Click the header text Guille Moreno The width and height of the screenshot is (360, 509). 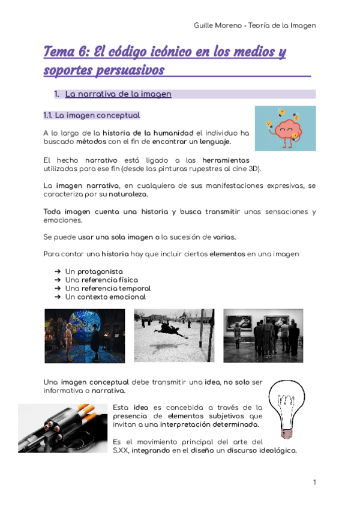(218, 25)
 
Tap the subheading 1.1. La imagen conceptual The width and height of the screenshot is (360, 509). (92, 115)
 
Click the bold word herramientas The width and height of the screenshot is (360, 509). (226, 161)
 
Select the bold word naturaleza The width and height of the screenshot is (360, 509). (129, 195)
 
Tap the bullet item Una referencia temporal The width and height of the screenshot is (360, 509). (107, 288)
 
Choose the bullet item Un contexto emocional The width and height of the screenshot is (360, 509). (105, 297)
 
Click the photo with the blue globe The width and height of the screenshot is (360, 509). (85, 336)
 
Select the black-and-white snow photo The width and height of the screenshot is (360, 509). (173, 336)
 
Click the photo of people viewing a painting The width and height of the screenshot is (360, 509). (263, 336)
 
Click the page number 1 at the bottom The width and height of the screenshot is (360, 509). (314, 482)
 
